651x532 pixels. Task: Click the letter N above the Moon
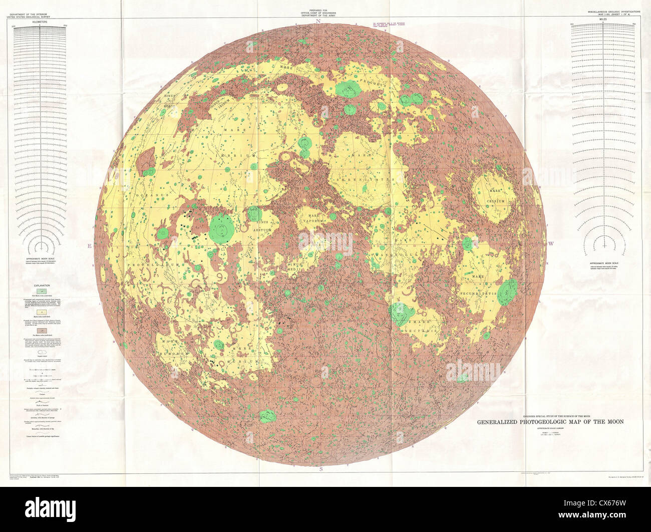(324, 21)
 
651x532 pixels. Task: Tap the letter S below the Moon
(320, 469)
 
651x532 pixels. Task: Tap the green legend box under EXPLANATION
(43, 291)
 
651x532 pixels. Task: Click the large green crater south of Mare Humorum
(268, 415)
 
